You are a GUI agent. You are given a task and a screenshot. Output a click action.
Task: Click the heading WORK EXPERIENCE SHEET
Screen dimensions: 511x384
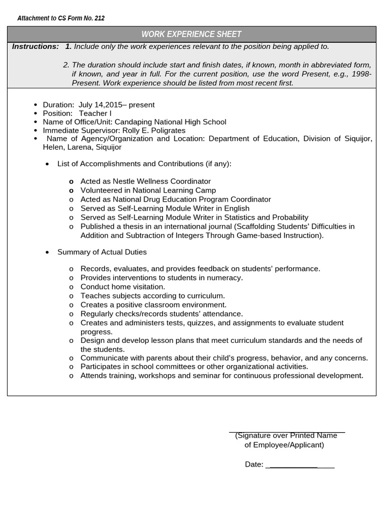(x=191, y=34)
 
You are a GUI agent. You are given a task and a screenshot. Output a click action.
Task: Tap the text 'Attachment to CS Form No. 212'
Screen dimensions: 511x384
(x=61, y=18)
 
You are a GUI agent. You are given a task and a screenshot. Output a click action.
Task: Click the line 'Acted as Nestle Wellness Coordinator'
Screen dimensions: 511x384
(x=145, y=181)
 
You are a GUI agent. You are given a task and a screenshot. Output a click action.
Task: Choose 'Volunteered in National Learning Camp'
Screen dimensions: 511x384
(x=148, y=190)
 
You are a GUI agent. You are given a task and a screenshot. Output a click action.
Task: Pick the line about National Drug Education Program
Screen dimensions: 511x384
(x=175, y=199)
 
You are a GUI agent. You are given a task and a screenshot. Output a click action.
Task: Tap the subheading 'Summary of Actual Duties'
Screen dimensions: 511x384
(x=102, y=252)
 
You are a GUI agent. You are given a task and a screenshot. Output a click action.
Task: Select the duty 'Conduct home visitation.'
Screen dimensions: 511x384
(x=122, y=286)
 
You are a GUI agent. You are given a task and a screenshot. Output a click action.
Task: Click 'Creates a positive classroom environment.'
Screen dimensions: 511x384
(x=153, y=304)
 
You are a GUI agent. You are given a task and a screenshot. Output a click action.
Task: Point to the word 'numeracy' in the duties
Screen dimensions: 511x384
(x=225, y=277)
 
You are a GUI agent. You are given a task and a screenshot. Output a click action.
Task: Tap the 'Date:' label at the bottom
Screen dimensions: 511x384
(x=254, y=464)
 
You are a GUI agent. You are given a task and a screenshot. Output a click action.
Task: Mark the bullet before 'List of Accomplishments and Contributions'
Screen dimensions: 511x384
(x=47, y=164)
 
